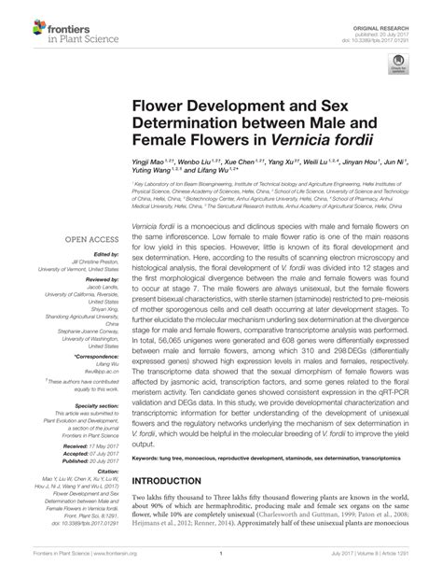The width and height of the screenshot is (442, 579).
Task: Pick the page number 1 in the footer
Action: pyautogui.click(x=220, y=566)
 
